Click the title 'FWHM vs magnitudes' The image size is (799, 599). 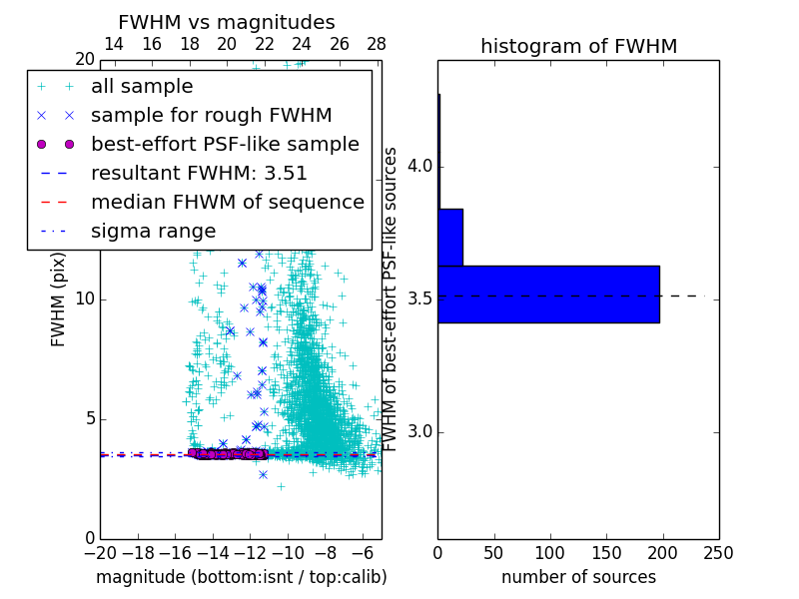(227, 22)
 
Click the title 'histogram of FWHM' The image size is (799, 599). (578, 46)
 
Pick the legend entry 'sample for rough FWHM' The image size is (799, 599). (211, 115)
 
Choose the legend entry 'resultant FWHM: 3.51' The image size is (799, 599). (199, 173)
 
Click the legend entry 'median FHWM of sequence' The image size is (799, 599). (227, 202)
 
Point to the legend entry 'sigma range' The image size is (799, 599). (153, 231)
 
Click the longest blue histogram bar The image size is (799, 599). (548, 295)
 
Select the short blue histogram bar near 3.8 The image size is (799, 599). (450, 238)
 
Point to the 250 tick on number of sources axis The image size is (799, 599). (718, 552)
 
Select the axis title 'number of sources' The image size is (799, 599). (578, 577)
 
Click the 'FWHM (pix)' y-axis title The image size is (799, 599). (58, 300)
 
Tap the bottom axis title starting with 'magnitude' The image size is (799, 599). (241, 577)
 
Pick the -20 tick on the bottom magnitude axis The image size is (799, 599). (100, 552)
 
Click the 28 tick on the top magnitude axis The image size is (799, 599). (377, 44)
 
